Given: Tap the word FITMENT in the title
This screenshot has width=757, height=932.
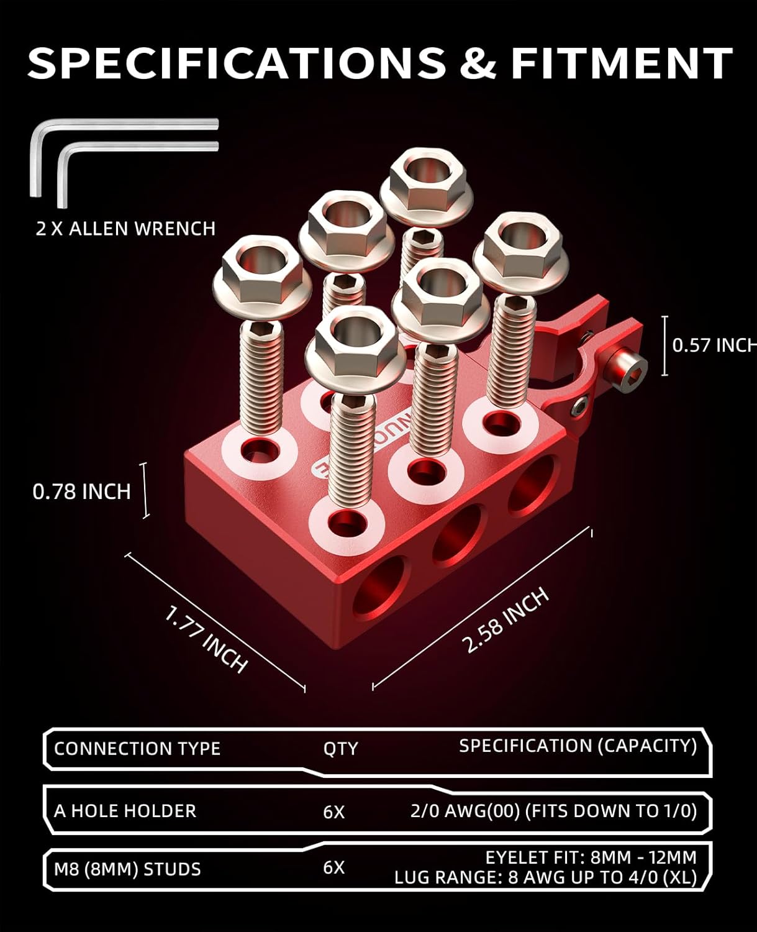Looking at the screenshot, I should point(621,63).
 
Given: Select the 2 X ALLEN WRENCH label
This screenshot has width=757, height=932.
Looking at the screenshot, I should point(125,229).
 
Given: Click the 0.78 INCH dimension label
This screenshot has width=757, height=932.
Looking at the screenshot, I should point(81,491).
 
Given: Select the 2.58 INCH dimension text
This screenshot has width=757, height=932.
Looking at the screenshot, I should point(507,620).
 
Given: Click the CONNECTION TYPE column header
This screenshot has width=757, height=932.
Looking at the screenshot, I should point(137,748).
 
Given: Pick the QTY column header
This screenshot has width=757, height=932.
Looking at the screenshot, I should point(340,748).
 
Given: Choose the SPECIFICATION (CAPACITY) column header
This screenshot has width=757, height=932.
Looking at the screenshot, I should point(578,746).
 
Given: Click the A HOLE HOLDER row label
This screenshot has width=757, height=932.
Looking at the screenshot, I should point(125,811).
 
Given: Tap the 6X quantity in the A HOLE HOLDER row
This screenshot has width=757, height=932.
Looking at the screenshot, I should point(334,811).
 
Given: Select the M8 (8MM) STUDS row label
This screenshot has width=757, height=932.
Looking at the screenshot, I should point(127,869).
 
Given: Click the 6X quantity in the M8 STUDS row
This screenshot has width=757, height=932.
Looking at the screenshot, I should point(334,868).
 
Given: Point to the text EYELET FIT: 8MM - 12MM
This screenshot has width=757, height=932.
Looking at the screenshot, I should point(591,857).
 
